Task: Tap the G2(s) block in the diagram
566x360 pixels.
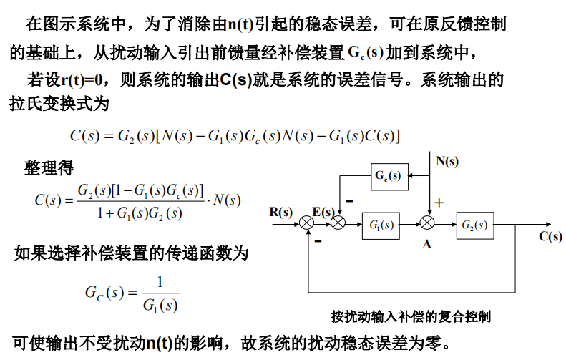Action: tap(474, 225)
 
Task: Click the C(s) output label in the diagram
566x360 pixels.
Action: tap(550, 236)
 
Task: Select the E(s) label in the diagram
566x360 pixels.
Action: tap(323, 211)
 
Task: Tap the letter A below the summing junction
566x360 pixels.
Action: tap(426, 244)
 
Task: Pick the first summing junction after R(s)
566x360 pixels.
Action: tap(307, 225)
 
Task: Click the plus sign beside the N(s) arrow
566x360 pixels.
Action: tap(439, 203)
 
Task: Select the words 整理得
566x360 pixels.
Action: tap(49, 168)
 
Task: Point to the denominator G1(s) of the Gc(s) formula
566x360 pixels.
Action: tap(160, 306)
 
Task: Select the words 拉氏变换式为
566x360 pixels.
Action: tap(60, 104)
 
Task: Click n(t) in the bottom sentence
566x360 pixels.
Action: tap(160, 342)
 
